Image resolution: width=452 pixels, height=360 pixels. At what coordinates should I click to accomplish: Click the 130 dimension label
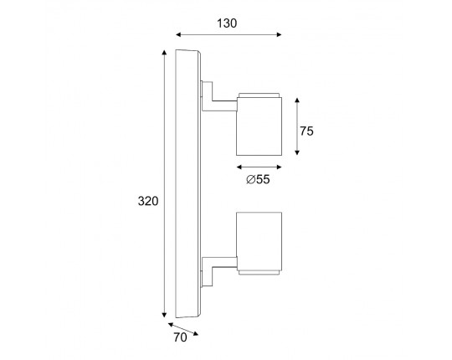click(227, 23)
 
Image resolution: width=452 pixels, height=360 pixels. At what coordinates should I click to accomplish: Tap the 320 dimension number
click(148, 201)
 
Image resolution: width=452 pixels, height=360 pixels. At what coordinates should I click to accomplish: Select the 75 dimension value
click(306, 131)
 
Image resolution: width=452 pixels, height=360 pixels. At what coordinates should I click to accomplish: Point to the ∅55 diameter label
click(258, 179)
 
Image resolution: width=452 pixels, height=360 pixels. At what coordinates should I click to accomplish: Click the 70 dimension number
click(180, 337)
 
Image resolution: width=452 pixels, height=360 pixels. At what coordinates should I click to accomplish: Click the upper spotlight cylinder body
click(259, 126)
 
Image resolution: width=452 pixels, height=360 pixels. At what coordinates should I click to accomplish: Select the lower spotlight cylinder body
click(259, 242)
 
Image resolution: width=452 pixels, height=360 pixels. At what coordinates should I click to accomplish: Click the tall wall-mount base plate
click(188, 184)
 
